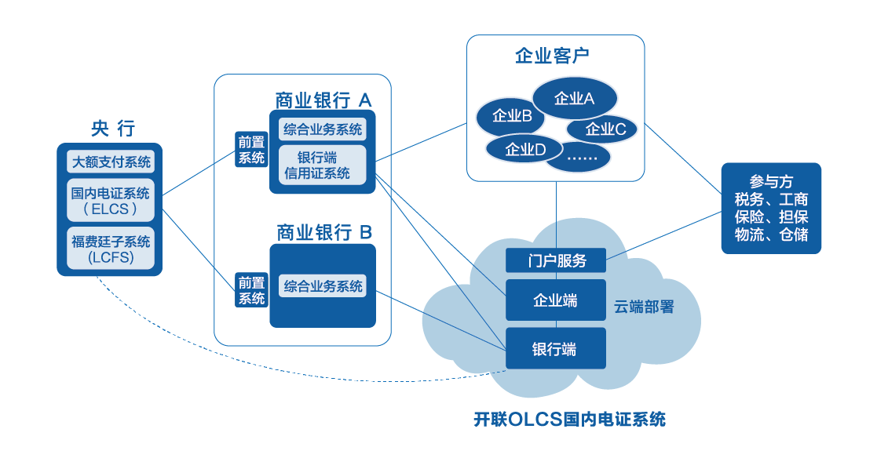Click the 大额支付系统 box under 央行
pos(111,162)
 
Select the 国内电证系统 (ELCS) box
pos(111,201)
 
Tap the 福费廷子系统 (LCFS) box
pos(111,249)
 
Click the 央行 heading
pos(113,129)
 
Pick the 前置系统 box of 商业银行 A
pos(252,149)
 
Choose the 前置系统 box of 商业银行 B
pos(252,290)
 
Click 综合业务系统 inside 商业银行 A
pos(323,130)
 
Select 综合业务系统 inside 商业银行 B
pos(323,286)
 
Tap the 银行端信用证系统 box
pos(323,165)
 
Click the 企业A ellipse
pos(575,98)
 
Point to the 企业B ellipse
pos(512,117)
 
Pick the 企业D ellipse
pos(524,149)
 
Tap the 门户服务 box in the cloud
pos(556,260)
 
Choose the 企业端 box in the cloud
pos(556,300)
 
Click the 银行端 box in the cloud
pos(556,349)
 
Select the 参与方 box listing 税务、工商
pos(771,208)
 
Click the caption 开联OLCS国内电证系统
pos(569,419)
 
